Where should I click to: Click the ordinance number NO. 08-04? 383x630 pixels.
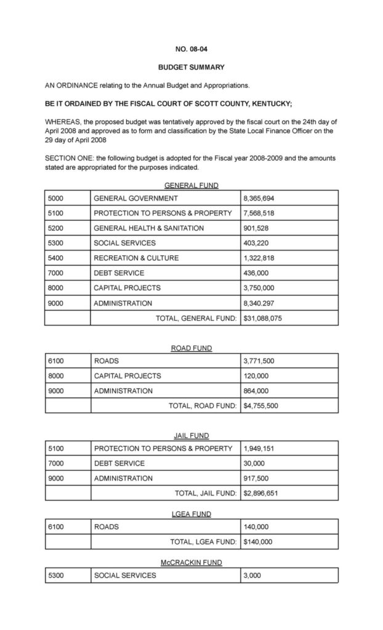[191, 47]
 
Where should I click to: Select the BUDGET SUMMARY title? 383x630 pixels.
[191, 67]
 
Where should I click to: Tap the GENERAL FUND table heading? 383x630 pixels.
[191, 185]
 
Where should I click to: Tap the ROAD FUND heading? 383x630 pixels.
[191, 348]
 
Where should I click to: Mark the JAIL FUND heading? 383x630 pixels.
[191, 436]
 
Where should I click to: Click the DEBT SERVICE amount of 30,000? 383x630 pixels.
[254, 463]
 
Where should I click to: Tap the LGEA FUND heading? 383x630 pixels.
[191, 514]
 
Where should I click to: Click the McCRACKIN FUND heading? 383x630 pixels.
[191, 562]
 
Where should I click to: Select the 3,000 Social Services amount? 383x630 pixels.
[252, 575]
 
